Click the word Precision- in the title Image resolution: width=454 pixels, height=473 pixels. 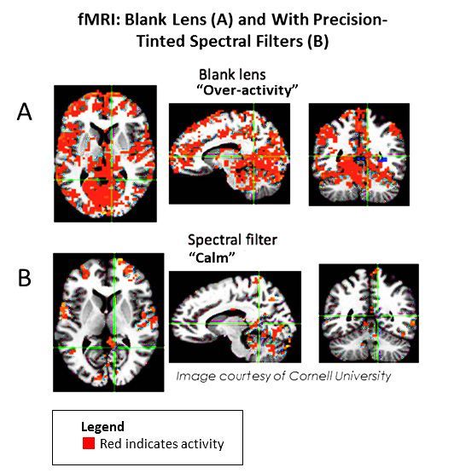351,20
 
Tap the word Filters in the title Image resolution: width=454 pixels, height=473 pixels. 275,41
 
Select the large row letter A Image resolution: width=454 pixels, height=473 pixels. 25,112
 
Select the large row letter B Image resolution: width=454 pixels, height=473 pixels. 25,278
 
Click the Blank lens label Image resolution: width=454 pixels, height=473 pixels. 232,74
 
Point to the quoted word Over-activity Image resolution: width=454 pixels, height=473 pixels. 247,89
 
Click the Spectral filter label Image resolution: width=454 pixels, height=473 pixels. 232,240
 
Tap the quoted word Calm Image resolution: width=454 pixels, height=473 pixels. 212,257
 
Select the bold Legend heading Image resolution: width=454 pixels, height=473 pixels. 102,427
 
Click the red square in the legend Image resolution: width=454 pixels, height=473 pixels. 89,443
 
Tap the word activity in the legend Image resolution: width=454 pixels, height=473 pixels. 201,444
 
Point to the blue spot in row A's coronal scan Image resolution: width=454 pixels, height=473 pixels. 382,159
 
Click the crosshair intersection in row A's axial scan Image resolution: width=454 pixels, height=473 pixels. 112,180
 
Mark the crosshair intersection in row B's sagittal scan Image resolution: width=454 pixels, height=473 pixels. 259,324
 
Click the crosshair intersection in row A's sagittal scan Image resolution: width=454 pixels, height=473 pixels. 253,157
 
